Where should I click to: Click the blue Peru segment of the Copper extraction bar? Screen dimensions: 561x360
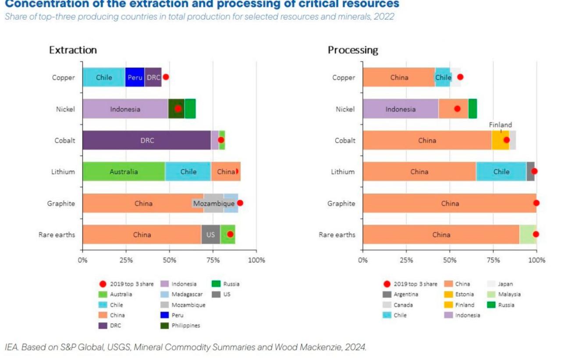[135, 78]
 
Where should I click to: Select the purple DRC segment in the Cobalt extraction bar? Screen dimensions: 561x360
[147, 140]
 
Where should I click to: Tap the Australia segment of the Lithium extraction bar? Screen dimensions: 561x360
[124, 171]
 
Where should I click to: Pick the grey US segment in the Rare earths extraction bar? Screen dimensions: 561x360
[211, 235]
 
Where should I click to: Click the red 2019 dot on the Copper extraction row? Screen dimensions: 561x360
[166, 77]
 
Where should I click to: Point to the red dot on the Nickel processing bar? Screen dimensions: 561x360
[457, 109]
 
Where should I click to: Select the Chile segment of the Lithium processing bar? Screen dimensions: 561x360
[501, 171]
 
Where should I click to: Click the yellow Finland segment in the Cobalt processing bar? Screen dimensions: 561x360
[501, 140]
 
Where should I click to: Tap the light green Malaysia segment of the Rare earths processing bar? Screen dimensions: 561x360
[528, 235]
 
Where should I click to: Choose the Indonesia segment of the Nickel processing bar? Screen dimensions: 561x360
[401, 109]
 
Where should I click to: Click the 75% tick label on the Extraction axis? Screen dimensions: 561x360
[213, 260]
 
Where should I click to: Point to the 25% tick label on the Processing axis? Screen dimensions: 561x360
[406, 260]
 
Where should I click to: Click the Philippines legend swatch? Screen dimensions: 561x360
[164, 326]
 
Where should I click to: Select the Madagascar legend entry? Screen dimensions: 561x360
[181, 294]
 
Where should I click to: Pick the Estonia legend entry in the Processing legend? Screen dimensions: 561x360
[459, 294]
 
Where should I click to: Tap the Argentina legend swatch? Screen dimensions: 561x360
[387, 294]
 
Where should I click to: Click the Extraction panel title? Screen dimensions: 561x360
[73, 50]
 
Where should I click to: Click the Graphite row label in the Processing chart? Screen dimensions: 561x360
[341, 203]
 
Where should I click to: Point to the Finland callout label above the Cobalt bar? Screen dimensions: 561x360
[501, 125]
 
